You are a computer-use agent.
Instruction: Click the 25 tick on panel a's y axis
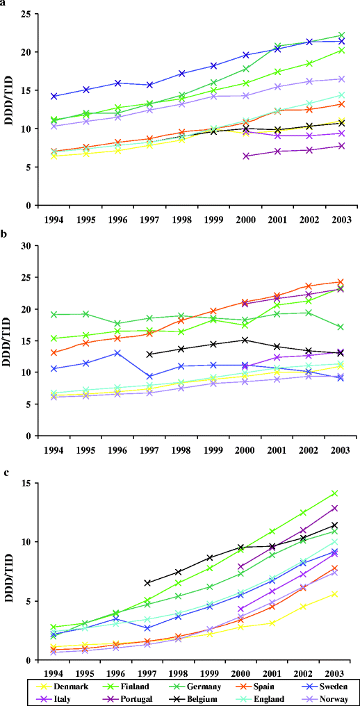[x=23, y=14]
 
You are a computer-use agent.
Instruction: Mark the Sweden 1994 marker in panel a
[x=54, y=97]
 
